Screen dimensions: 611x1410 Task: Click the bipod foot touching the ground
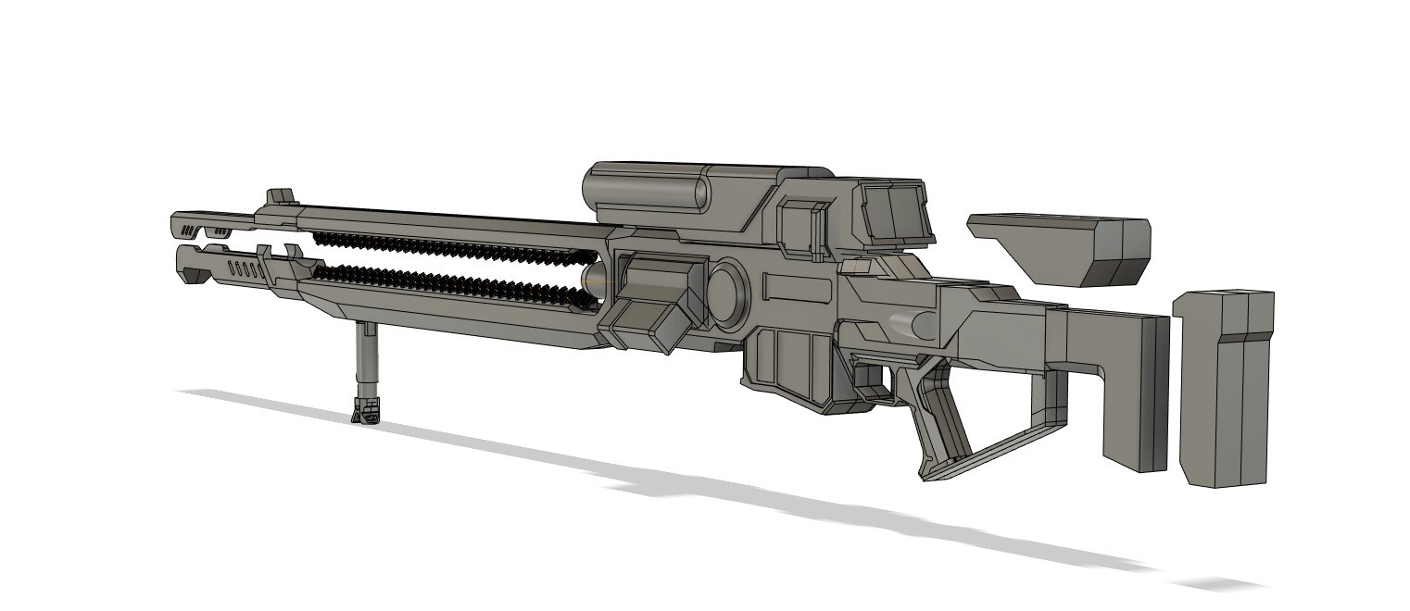click(x=366, y=410)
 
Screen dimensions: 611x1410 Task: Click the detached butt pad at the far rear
click(x=1223, y=389)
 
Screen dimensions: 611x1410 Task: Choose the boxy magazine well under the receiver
click(x=787, y=366)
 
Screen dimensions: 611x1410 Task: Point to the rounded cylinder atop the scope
click(x=648, y=190)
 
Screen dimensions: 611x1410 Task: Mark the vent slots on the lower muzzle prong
click(x=243, y=270)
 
